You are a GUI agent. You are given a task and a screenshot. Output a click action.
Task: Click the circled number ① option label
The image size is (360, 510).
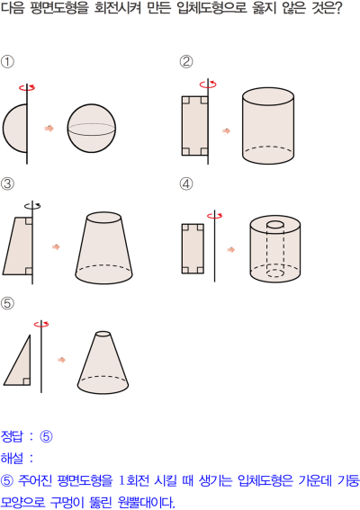[x=7, y=61]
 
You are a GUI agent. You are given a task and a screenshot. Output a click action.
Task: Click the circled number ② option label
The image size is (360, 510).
[x=186, y=61]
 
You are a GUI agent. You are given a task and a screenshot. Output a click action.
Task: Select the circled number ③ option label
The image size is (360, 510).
[x=7, y=183]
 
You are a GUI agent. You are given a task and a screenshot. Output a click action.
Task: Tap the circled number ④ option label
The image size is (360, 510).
[x=186, y=183]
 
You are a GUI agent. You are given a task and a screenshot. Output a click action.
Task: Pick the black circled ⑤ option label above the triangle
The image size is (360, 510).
[x=7, y=303]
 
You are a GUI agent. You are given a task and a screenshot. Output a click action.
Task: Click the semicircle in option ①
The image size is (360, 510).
[x=15, y=128]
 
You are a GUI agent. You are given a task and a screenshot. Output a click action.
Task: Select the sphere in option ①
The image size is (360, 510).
[x=92, y=128]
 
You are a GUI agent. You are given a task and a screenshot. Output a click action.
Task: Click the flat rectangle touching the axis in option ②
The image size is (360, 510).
[x=194, y=126]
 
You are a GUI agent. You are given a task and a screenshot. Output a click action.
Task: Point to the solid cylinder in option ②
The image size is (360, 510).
[x=268, y=126]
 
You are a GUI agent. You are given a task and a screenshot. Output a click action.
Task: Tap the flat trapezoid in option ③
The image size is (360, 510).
[x=19, y=246]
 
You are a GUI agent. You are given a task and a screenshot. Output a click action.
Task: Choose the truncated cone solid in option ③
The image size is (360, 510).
[x=103, y=250]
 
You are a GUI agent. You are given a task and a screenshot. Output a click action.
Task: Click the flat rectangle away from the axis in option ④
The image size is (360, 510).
[x=193, y=248]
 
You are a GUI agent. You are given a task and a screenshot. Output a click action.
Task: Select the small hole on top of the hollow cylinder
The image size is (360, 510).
[x=275, y=225]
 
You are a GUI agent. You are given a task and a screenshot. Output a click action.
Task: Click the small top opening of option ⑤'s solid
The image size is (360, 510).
[x=103, y=334]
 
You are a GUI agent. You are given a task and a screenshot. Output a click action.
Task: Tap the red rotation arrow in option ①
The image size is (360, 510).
[x=27, y=87]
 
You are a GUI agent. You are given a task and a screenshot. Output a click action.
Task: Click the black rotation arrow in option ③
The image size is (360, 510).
[x=32, y=206]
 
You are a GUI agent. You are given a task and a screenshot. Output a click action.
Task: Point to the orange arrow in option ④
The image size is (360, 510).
[x=231, y=250]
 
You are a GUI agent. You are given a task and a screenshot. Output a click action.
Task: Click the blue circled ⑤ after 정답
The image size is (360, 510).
[x=46, y=436]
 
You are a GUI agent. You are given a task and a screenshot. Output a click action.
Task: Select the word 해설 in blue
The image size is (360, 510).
[x=12, y=459]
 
